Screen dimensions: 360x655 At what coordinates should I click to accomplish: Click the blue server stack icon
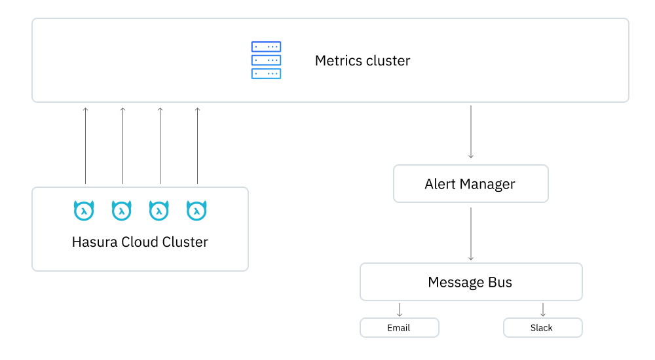tap(266, 60)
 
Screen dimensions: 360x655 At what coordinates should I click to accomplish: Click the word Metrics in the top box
tap(338, 61)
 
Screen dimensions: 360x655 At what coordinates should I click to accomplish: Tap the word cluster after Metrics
tap(388, 61)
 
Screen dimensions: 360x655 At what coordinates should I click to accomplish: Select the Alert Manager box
tap(470, 184)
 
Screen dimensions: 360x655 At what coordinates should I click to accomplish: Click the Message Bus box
tap(470, 282)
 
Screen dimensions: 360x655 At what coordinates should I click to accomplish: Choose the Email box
tap(399, 327)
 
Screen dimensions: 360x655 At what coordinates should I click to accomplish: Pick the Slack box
tap(542, 327)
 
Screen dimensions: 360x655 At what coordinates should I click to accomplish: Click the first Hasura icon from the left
tap(84, 210)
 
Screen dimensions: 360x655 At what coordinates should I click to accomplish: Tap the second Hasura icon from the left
tap(122, 210)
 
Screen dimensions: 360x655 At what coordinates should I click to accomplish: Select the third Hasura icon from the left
tap(159, 210)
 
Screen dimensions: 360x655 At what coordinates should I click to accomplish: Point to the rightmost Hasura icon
tap(196, 210)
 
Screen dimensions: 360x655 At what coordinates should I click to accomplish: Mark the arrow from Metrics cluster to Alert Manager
tap(470, 131)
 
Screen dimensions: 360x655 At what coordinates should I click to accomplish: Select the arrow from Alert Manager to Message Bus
tap(470, 234)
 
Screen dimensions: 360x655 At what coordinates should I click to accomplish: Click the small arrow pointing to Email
tap(400, 310)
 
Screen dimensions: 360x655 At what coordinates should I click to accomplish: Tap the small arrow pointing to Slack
tap(542, 310)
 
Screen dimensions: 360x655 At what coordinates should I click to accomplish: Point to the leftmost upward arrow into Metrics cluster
tap(85, 145)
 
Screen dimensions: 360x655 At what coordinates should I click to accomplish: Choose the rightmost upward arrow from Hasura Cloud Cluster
tap(197, 145)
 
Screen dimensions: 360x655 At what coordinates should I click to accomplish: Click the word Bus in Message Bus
tap(500, 282)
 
